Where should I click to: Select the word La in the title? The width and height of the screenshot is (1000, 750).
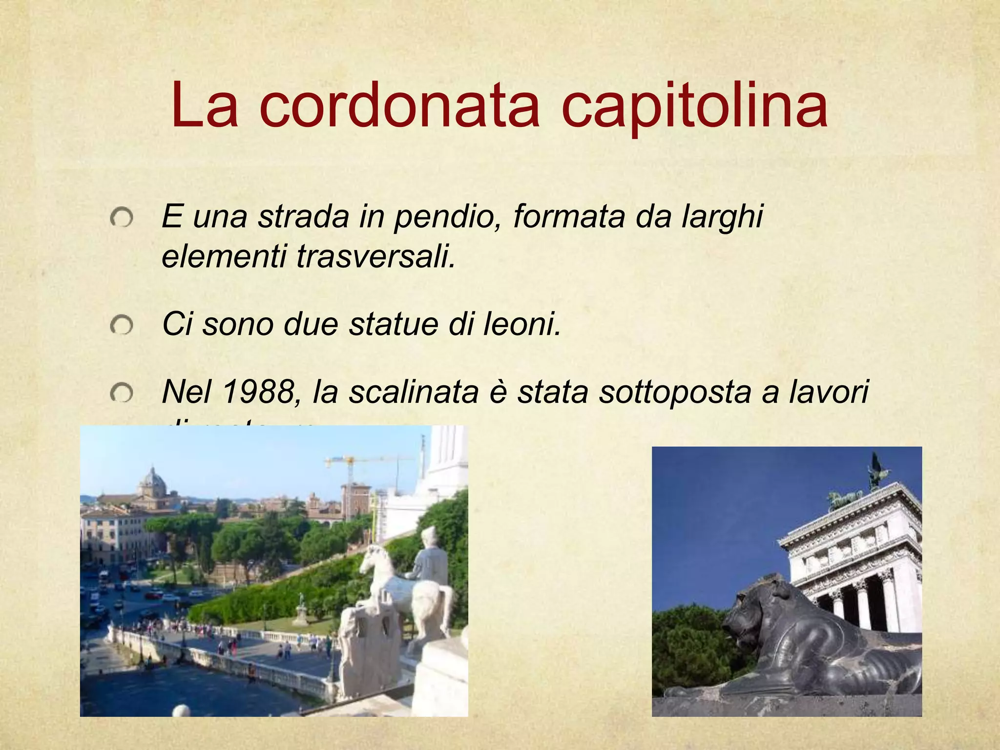[205, 106]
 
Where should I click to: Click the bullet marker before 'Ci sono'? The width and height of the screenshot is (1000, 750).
[121, 325]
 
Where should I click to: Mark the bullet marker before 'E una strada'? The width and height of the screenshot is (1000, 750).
[121, 217]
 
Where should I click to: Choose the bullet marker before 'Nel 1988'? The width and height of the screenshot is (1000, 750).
[121, 393]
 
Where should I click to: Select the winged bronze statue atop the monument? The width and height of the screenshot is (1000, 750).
[876, 469]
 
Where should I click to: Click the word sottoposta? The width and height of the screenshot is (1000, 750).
[674, 391]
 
